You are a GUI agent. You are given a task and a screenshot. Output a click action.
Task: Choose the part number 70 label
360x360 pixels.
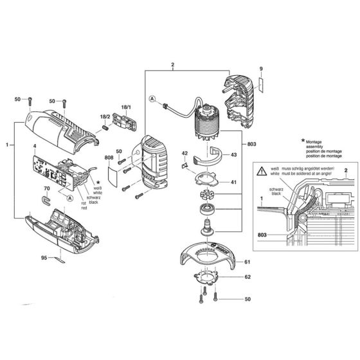[x=46, y=189]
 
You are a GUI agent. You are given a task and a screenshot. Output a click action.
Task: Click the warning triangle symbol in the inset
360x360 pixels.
[x=260, y=172]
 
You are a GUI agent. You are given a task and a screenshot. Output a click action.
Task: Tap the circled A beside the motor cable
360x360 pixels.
[x=152, y=100]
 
